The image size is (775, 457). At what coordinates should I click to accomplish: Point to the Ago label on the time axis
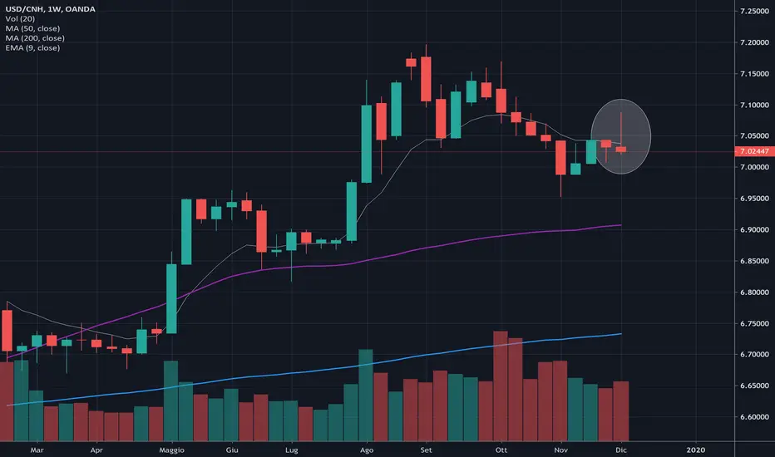tap(366, 449)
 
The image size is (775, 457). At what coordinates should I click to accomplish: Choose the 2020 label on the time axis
tap(696, 449)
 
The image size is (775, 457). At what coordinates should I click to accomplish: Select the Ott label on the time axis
tap(501, 449)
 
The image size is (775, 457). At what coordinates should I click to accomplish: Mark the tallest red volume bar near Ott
tap(501, 386)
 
